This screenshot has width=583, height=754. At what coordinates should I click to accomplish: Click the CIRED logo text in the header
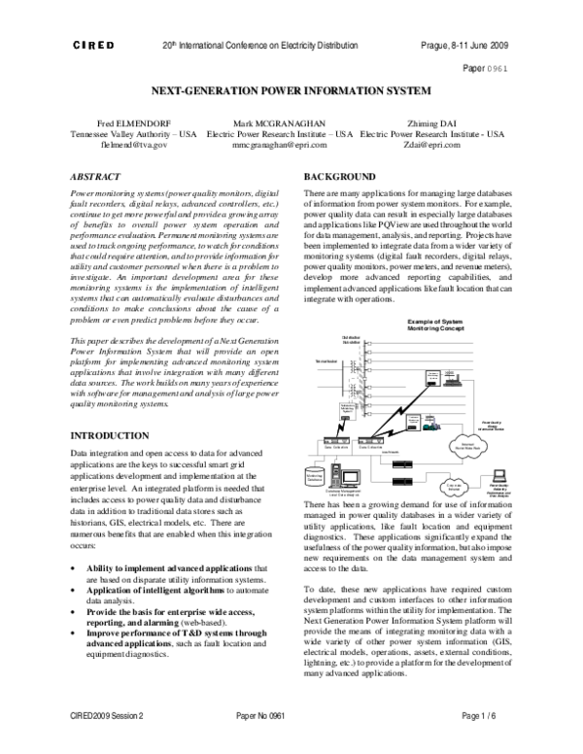[93, 47]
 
